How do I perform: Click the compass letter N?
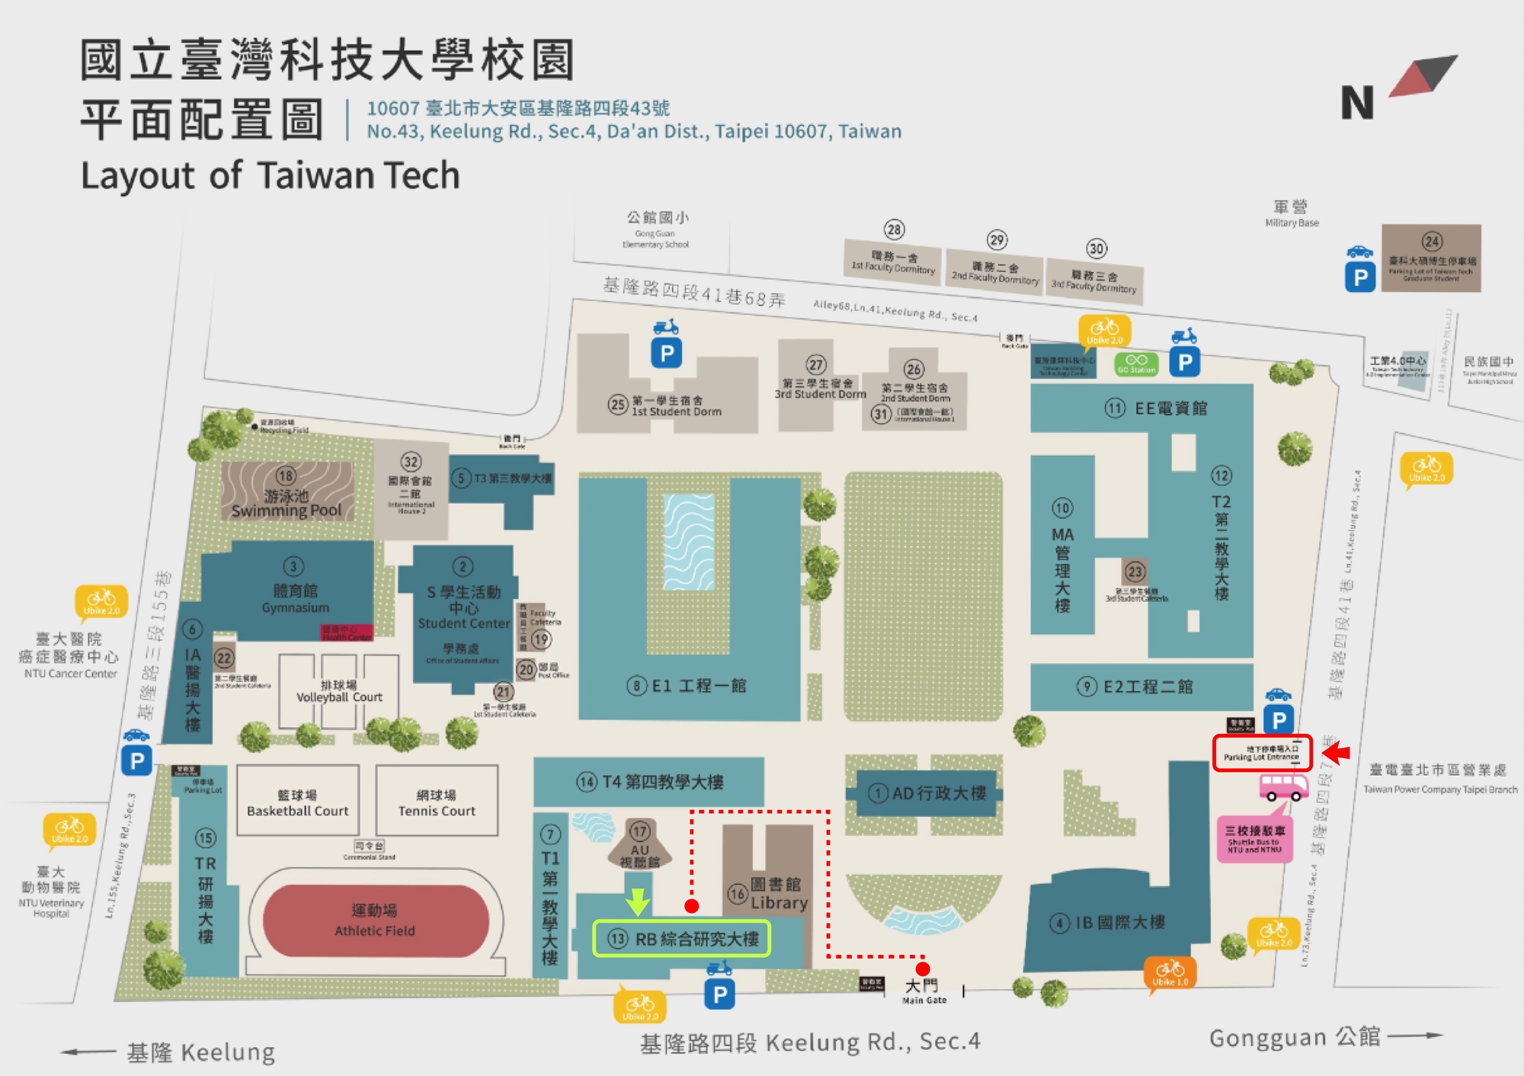(x=1356, y=103)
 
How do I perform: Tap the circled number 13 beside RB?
(x=617, y=939)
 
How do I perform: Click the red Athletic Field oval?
(x=375, y=921)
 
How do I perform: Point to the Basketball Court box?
(x=297, y=802)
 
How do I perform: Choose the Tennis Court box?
(x=437, y=802)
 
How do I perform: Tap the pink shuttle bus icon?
(x=1282, y=786)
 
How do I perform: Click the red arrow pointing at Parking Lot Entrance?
(x=1336, y=753)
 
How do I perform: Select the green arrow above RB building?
(x=638, y=901)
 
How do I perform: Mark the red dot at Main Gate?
(x=922, y=969)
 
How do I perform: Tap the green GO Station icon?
(x=1136, y=364)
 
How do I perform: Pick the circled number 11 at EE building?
(x=1115, y=408)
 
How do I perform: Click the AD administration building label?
(x=938, y=793)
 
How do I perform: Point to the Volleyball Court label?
(x=339, y=691)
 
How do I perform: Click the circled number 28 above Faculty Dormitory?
(x=894, y=229)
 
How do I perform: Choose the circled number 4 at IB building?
(x=1059, y=924)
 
